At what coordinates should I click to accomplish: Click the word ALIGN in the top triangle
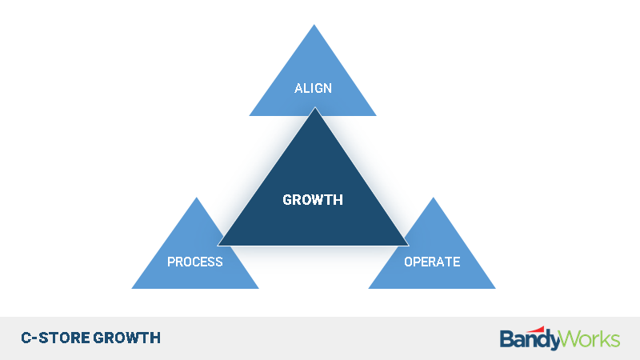(313, 88)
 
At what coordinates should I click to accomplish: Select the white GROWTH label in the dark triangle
(313, 199)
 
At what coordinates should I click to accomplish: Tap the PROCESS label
(195, 262)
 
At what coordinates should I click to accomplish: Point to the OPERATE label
(432, 262)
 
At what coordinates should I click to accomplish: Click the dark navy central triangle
(314, 196)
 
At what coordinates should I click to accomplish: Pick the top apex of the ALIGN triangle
(314, 25)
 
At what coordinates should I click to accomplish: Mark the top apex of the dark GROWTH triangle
(314, 107)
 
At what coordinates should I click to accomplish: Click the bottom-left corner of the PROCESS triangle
(132, 289)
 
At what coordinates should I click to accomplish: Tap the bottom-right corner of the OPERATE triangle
(495, 289)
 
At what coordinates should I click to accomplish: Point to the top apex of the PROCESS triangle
(196, 198)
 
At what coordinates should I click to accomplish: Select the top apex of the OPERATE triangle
(433, 198)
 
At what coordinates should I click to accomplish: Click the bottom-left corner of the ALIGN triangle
(250, 116)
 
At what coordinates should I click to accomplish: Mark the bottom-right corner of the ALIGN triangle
(376, 116)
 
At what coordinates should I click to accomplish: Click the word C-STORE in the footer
(55, 338)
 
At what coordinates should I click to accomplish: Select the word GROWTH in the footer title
(127, 338)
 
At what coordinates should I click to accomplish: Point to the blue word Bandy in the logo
(529, 340)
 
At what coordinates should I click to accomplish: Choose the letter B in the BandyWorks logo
(506, 338)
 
